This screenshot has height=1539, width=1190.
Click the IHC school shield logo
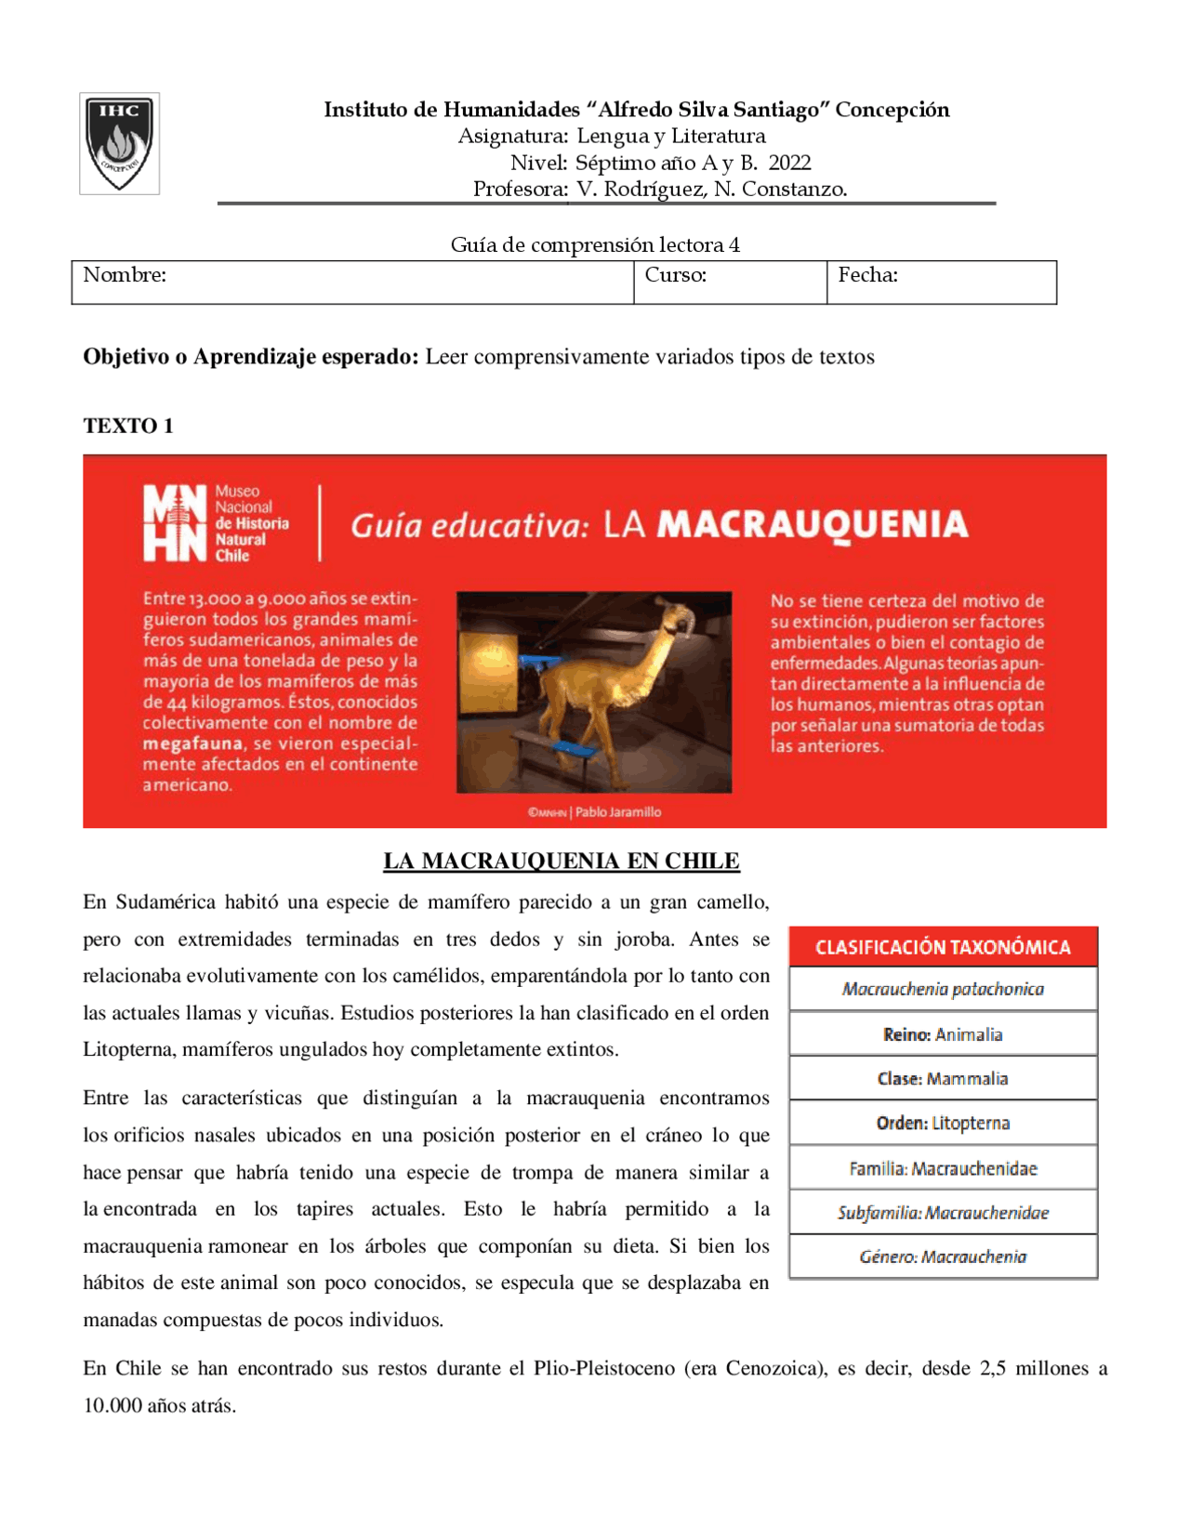119,143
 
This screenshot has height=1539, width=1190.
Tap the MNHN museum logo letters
174,523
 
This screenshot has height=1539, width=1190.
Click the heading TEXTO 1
128,426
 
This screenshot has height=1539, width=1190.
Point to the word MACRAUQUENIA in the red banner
813,525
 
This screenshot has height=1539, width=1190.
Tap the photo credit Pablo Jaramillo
618,812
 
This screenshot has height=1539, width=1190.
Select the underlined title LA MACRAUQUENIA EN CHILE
562,861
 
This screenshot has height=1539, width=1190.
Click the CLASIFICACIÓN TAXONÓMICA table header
943,947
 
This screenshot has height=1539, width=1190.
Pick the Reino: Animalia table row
943,1034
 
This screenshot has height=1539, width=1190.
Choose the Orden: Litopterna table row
943,1123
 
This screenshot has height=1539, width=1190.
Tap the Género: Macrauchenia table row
943,1256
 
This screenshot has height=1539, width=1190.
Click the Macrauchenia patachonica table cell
943,989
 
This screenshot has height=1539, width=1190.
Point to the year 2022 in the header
789,163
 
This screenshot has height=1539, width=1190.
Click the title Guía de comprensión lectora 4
595,244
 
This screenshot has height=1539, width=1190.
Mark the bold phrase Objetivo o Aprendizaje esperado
251,357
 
